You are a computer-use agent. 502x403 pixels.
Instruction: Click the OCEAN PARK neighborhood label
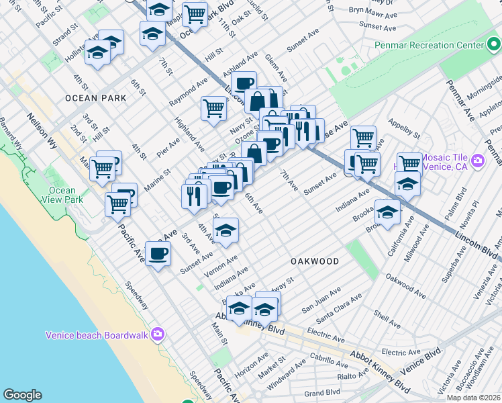(x=96, y=98)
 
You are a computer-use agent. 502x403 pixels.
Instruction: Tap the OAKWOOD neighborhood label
(x=315, y=260)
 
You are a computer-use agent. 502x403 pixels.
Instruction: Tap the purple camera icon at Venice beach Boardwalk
(x=158, y=334)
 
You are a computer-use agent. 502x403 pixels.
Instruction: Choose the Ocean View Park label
(x=62, y=195)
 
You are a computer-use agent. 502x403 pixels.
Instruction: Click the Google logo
(x=22, y=395)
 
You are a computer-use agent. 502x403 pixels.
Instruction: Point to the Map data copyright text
(x=474, y=398)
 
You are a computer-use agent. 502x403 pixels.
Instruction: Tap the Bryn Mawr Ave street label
(x=368, y=11)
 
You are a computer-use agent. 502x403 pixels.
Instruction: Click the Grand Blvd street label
(x=322, y=392)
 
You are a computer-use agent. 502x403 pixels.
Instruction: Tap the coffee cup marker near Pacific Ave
(x=158, y=254)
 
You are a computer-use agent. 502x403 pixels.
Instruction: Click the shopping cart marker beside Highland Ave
(x=213, y=108)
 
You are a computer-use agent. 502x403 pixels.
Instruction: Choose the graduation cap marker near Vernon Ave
(x=226, y=230)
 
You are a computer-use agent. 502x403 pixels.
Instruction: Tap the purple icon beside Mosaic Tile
(x=478, y=161)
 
